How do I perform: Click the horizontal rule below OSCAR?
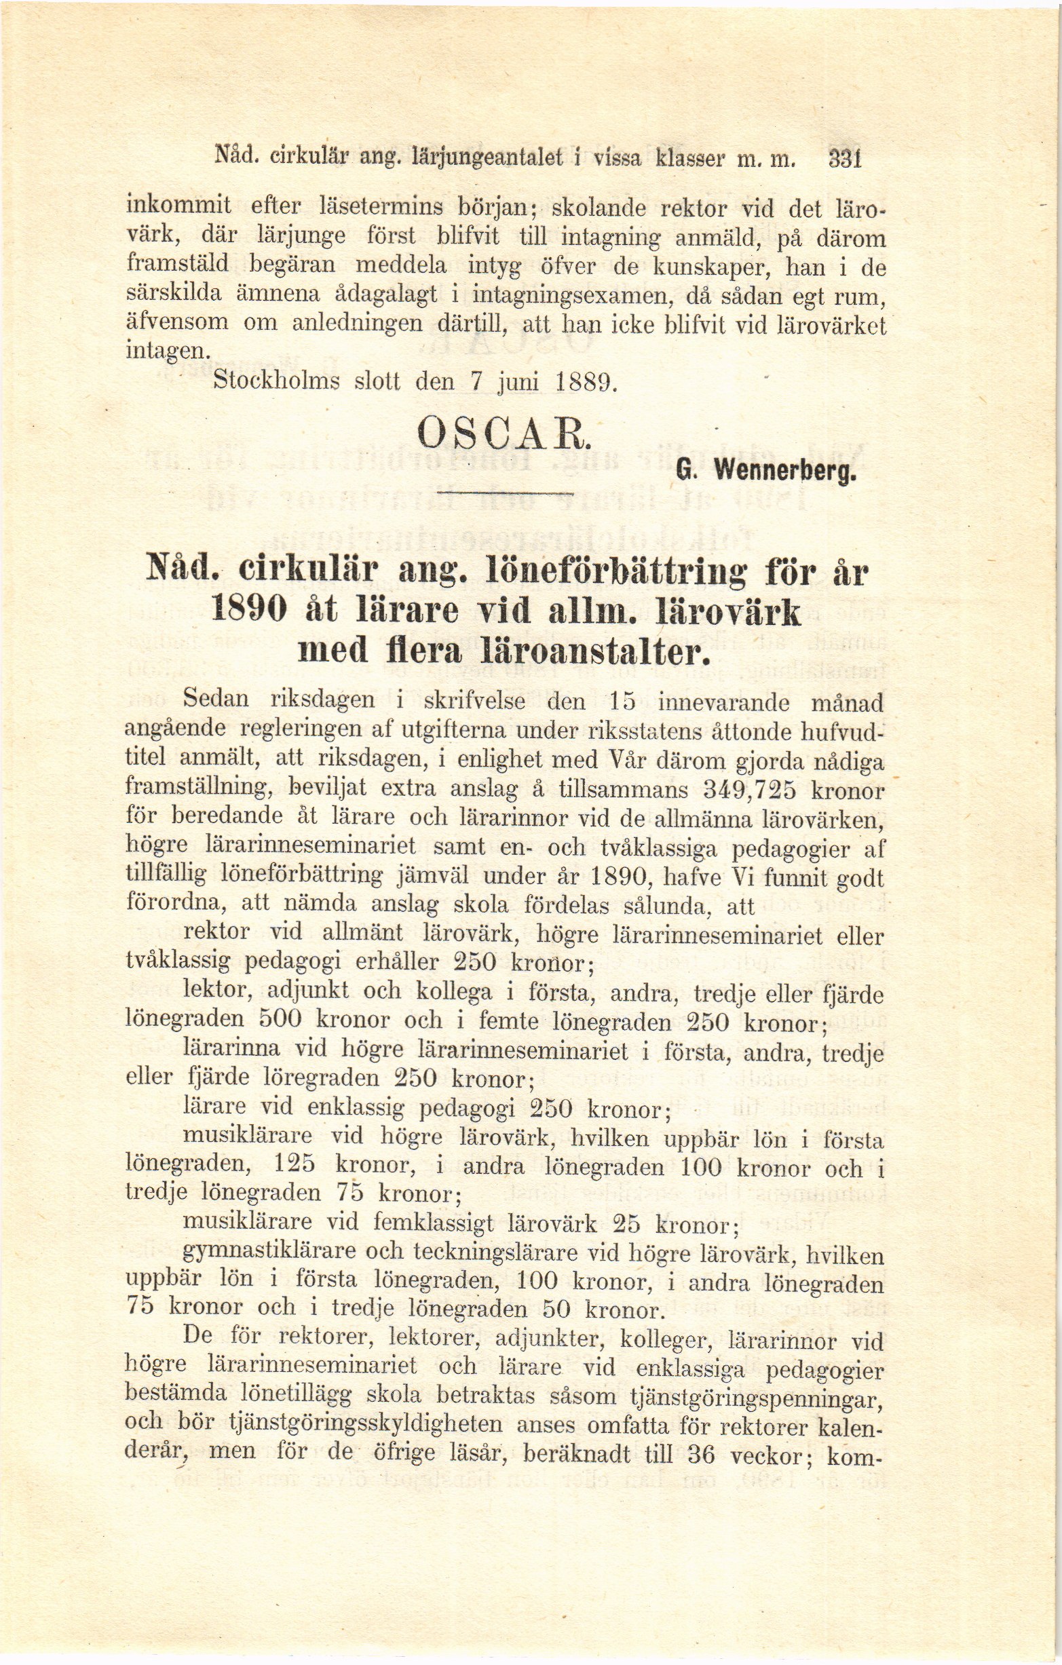click(x=508, y=493)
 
